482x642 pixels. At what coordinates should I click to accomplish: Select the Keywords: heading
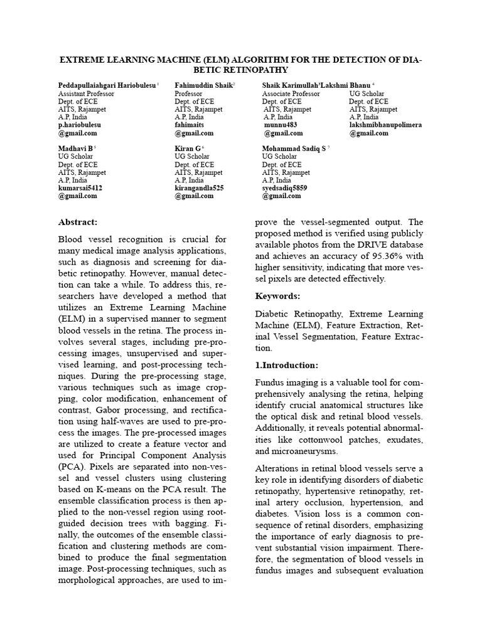click(278, 295)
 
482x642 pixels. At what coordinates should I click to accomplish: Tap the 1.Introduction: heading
click(287, 365)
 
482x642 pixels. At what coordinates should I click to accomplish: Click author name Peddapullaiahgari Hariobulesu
click(107, 85)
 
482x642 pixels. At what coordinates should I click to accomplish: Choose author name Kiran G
click(189, 148)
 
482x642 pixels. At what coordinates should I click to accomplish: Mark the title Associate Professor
click(291, 93)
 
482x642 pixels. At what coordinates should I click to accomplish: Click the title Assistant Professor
click(86, 93)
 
